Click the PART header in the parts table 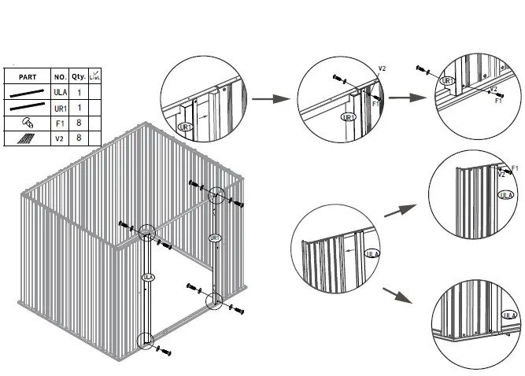pos(28,76)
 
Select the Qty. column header pos(79,76)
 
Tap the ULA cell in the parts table pos(60,92)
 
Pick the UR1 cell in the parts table pos(60,107)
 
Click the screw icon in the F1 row pos(27,123)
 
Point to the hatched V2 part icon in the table pos(27,138)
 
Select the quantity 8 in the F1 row pos(79,123)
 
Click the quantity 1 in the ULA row pos(79,92)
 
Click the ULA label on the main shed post pos(146,278)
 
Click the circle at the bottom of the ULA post pos(146,341)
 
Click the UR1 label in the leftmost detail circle pos(185,127)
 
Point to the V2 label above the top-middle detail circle pos(382,69)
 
